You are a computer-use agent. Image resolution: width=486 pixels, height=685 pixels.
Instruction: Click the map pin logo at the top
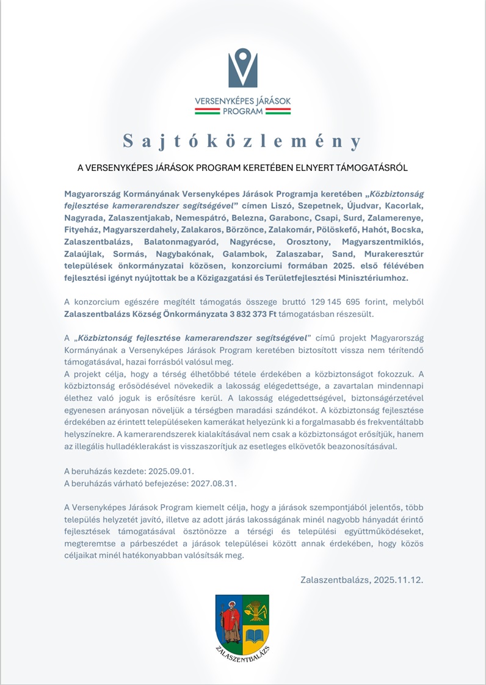243,68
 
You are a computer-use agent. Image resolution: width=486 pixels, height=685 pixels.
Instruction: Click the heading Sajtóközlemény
242,141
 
